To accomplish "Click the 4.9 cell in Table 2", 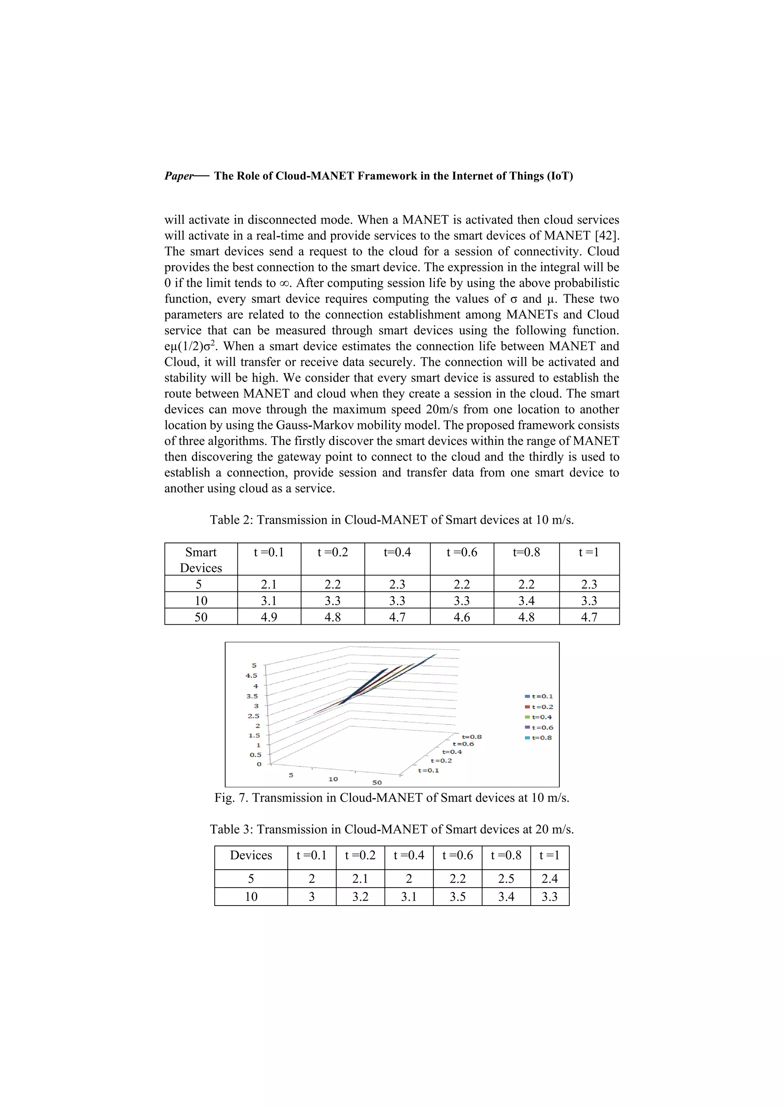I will point(269,617).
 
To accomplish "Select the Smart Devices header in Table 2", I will point(201,559).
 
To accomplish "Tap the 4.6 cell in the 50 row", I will point(462,617).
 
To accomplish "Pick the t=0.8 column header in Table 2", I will point(526,552).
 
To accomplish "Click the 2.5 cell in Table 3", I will point(506,879).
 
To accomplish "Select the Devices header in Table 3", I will point(251,855).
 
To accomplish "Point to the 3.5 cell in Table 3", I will point(457,897).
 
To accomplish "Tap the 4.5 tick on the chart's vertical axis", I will point(252,676).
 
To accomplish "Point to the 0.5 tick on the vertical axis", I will point(255,755).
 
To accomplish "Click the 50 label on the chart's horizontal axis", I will point(377,782).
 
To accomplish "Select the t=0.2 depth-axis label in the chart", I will point(441,761).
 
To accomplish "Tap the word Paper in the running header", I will point(178,176).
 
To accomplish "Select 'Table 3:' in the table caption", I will point(231,829).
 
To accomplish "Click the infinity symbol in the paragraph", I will point(284,283).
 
